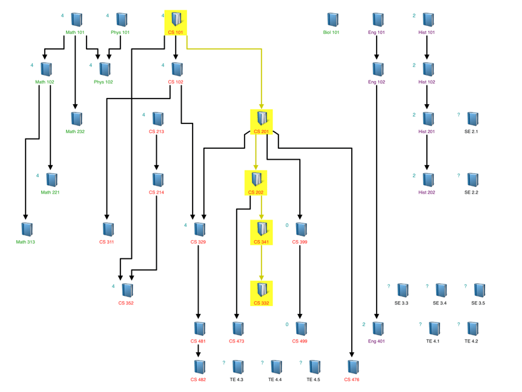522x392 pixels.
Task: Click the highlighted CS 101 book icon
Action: [176, 19]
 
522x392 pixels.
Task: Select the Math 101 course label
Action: [75, 33]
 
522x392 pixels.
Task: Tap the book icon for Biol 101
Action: [332, 19]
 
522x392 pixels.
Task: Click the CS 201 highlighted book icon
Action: [262, 118]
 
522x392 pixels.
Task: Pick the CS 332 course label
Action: [261, 303]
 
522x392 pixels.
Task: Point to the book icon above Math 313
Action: [27, 229]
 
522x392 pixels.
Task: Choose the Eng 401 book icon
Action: [378, 328]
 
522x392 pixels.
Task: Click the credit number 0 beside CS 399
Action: [287, 225]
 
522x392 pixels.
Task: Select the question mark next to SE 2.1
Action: [458, 115]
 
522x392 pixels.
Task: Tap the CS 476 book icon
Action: [352, 367]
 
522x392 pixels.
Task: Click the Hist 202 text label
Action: [426, 192]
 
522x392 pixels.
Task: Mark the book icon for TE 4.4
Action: [276, 367]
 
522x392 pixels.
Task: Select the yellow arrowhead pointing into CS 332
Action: [262, 278]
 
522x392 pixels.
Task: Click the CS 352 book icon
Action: [127, 290]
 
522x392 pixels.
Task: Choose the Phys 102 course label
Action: [104, 82]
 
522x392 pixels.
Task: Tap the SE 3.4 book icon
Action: [441, 290]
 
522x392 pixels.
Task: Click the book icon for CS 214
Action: [157, 180]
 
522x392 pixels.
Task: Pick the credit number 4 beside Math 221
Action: [38, 176]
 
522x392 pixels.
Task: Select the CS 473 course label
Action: [237, 341]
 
